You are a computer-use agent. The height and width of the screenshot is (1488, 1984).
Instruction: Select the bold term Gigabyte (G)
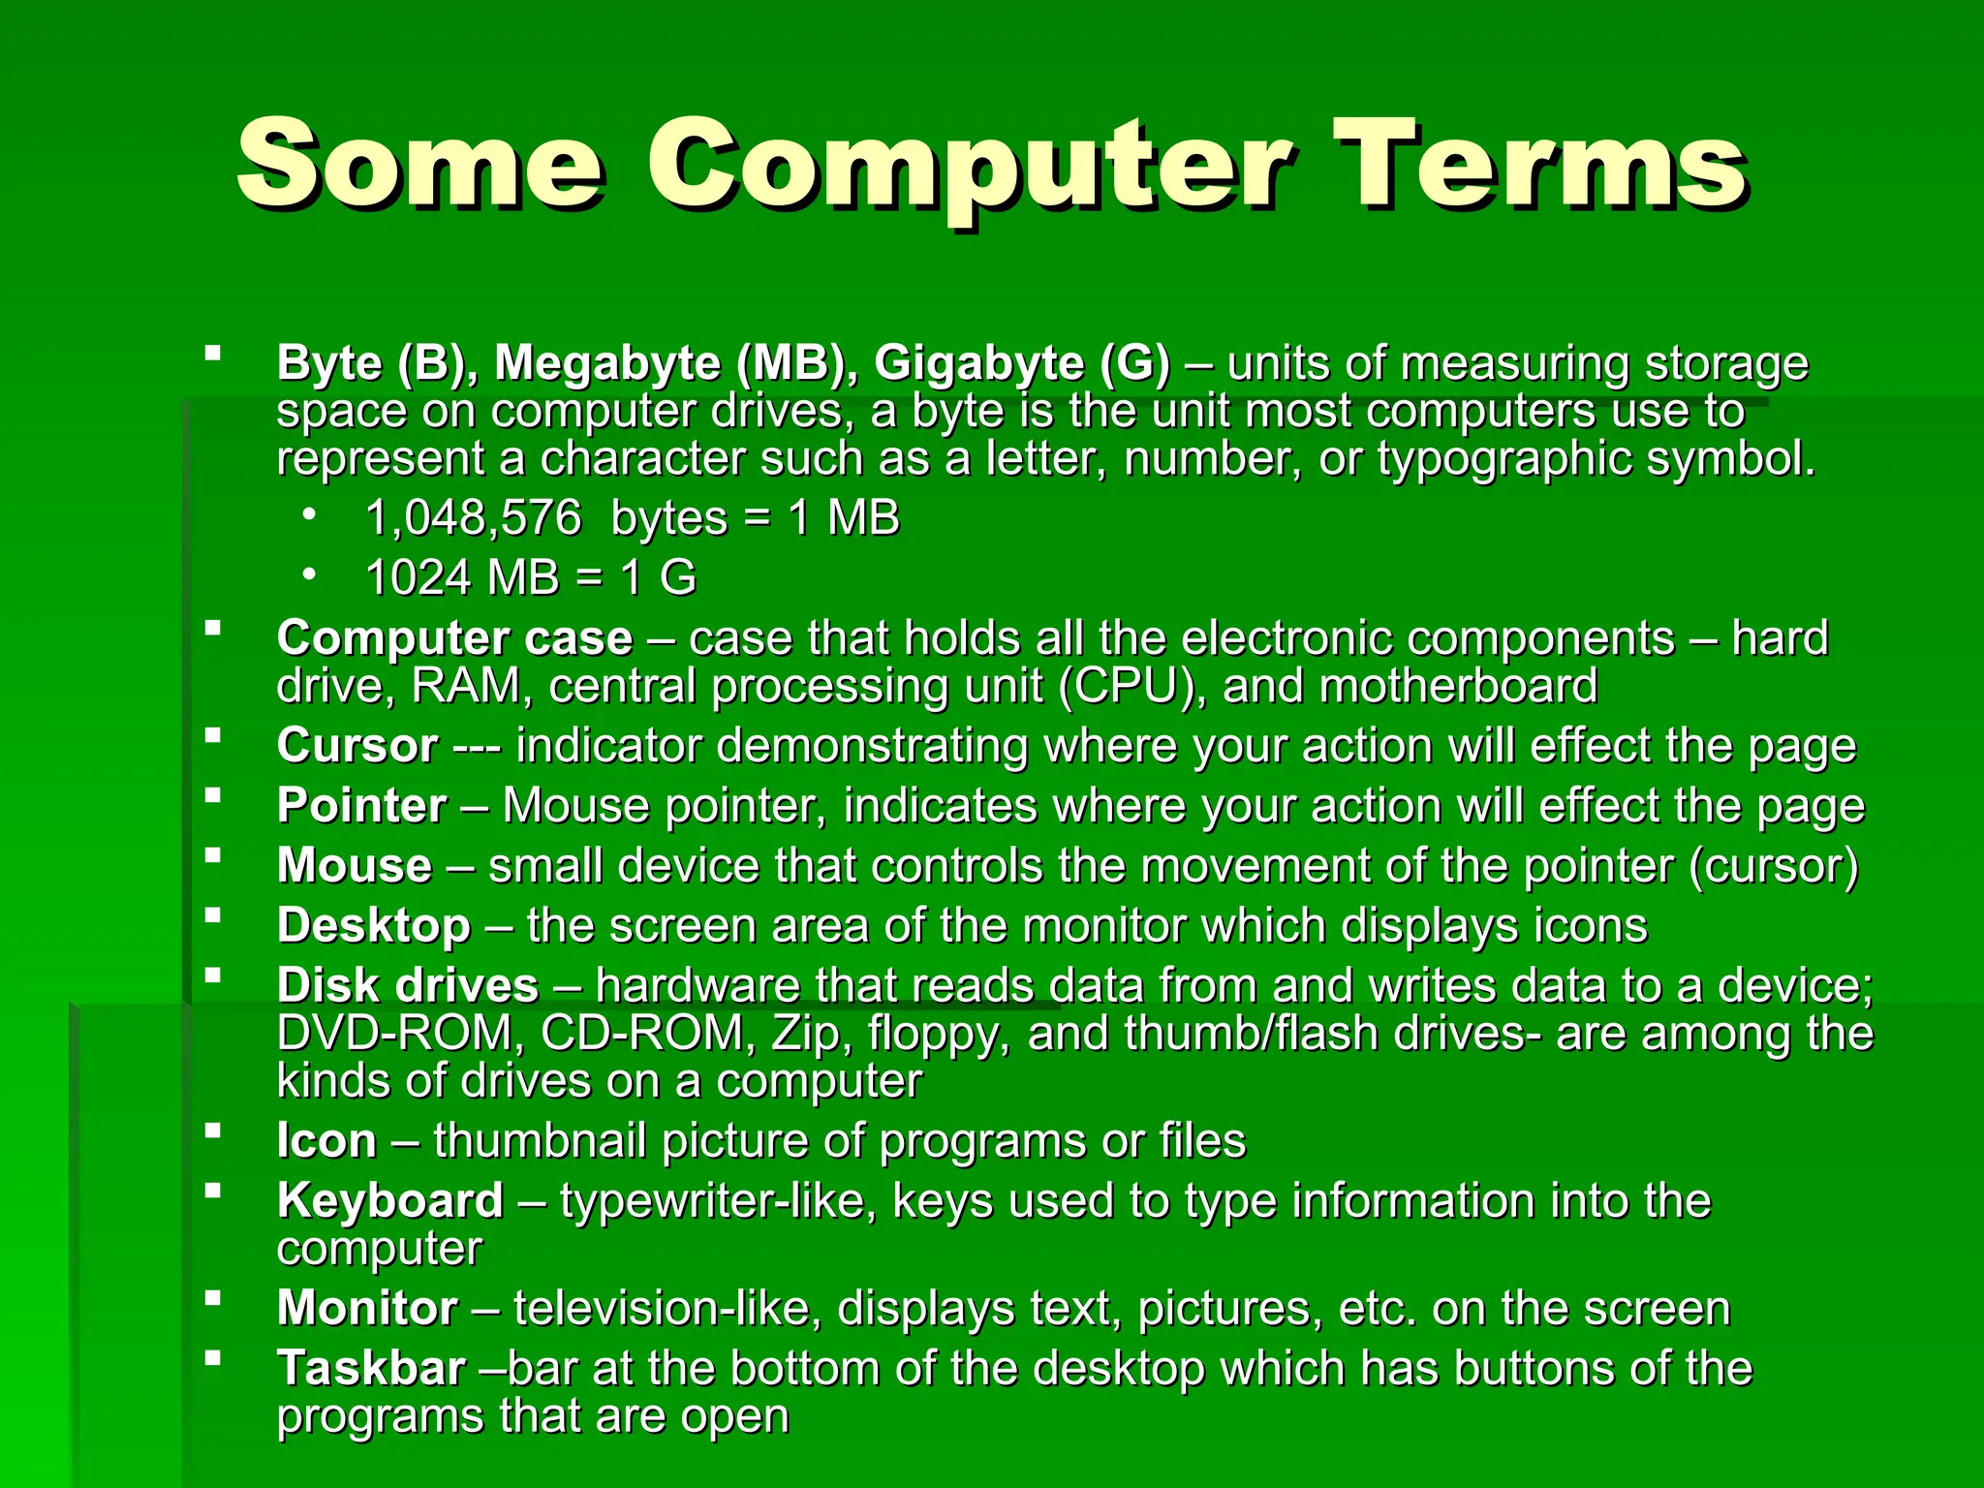(1022, 363)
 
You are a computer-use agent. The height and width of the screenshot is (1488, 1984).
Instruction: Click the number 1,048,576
(473, 518)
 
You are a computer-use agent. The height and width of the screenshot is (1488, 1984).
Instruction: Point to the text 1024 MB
(462, 578)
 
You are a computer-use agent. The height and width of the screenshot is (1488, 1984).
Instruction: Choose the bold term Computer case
(454, 638)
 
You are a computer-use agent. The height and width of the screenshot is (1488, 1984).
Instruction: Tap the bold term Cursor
(356, 746)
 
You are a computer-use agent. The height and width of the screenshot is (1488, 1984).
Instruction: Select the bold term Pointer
(361, 806)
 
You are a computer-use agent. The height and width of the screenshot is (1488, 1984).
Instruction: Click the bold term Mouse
(355, 866)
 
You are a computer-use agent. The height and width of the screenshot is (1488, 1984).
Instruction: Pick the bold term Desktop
(373, 926)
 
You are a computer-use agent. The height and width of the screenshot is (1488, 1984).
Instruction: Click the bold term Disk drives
(407, 986)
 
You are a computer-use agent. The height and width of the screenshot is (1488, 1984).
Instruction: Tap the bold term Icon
(326, 1141)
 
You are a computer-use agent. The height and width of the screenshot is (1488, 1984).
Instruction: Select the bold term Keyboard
(389, 1201)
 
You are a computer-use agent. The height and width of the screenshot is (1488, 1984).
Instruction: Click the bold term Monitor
(367, 1309)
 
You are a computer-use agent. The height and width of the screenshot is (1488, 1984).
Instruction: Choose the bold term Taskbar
(371, 1369)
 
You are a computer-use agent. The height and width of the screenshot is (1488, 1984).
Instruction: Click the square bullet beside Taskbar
(212, 1358)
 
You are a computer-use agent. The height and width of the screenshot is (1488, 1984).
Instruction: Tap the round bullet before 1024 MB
(308, 574)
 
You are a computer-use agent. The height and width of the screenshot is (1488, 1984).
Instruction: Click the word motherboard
(1458, 686)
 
